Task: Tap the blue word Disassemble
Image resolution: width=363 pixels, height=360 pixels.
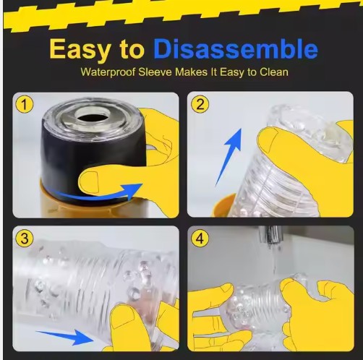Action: (x=236, y=48)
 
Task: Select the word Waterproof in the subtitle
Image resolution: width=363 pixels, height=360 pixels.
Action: (x=108, y=72)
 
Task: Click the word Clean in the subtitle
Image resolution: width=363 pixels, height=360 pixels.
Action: (x=274, y=72)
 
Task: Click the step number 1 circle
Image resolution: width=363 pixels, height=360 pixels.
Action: (x=25, y=104)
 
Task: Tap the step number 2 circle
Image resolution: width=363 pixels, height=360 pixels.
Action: (x=200, y=104)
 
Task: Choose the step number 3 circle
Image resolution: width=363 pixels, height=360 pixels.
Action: (x=25, y=239)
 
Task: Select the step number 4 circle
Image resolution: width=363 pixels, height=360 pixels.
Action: (x=200, y=239)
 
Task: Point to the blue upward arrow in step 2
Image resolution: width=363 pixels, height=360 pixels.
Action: (x=228, y=157)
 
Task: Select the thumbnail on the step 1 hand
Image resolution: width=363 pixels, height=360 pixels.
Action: (x=89, y=182)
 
